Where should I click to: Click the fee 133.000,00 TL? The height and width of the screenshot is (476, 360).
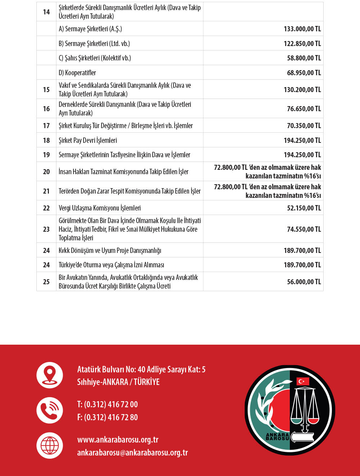(x=302, y=29)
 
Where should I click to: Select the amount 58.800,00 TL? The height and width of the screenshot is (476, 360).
(x=304, y=58)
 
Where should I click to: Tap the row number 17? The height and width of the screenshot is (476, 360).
(x=46, y=126)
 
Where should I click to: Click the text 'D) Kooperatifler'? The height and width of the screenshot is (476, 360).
(x=77, y=73)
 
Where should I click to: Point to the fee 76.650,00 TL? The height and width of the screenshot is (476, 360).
(x=304, y=109)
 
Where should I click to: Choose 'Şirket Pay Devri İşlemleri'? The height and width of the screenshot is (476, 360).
(x=88, y=140)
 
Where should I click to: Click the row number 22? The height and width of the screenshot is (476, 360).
(x=46, y=208)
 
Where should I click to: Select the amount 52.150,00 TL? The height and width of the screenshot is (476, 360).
(x=304, y=208)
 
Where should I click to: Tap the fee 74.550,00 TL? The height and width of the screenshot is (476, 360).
(x=304, y=229)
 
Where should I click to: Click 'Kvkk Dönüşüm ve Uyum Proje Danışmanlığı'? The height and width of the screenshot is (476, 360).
(x=110, y=250)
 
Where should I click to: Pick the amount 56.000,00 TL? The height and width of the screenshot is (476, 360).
(x=304, y=282)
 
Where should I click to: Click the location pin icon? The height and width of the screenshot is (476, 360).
(x=50, y=375)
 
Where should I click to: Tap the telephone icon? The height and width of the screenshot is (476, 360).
(x=50, y=410)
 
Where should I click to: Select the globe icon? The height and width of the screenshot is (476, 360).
(x=50, y=445)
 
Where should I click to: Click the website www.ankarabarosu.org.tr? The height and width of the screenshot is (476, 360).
(x=118, y=440)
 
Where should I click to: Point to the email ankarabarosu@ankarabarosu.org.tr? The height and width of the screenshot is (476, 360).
(x=132, y=453)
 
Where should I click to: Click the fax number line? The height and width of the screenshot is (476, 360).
(x=107, y=417)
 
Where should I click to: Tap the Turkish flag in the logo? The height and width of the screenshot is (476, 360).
(x=303, y=381)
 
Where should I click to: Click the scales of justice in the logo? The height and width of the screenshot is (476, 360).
(x=305, y=407)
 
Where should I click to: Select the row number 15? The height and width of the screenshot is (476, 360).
(x=46, y=90)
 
